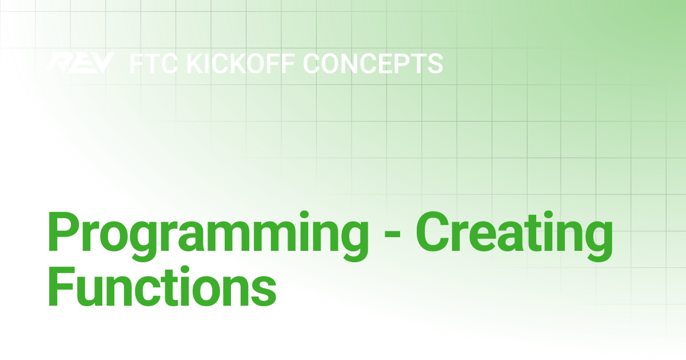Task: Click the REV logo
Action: pos(81,63)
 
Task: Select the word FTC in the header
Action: pos(154,63)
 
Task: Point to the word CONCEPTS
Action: pos(373,63)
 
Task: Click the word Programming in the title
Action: pos(208,236)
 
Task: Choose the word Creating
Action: pos(514,236)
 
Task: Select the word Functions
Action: pos(162,286)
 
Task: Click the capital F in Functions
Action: pos(61,286)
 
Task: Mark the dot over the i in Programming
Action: pos(304,215)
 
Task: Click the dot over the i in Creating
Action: pos(548,215)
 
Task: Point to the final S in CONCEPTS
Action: pos(435,63)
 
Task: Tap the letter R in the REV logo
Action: pos(58,63)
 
